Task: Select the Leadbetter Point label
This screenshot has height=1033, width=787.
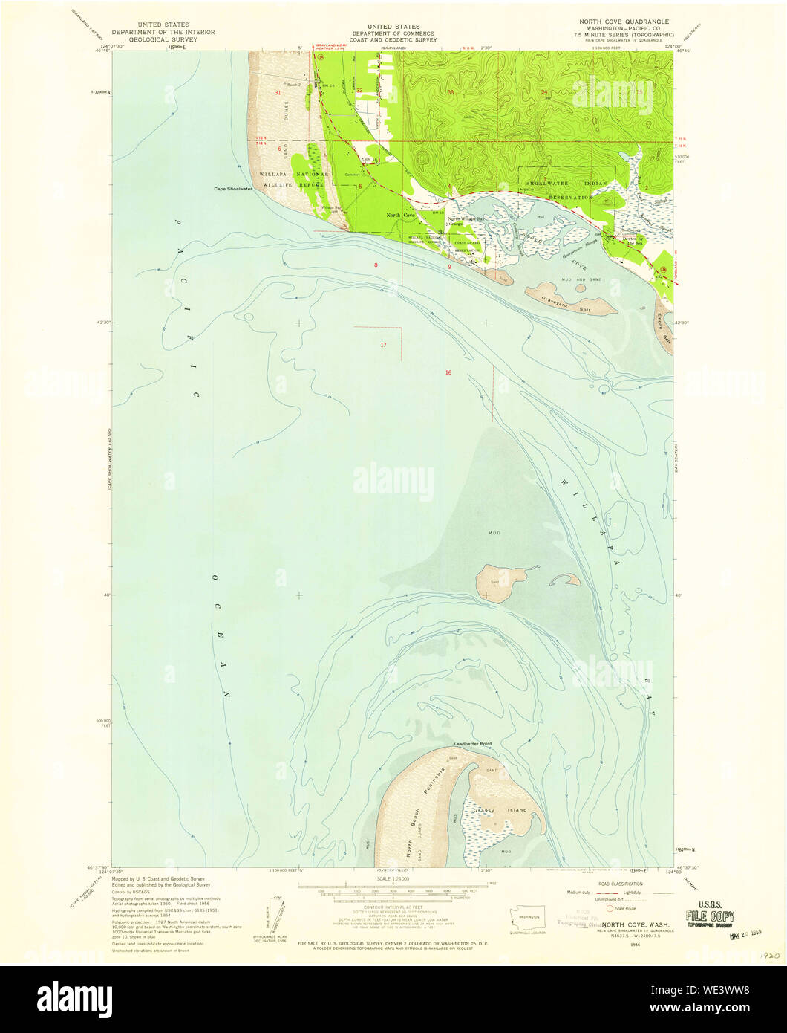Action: click(x=473, y=744)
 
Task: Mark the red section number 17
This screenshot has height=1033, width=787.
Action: click(x=383, y=345)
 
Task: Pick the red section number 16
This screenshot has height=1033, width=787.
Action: click(x=448, y=372)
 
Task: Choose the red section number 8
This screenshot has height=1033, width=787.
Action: click(x=376, y=265)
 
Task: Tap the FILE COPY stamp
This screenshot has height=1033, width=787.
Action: click(x=711, y=916)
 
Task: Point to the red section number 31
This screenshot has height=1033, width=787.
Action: click(x=278, y=93)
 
